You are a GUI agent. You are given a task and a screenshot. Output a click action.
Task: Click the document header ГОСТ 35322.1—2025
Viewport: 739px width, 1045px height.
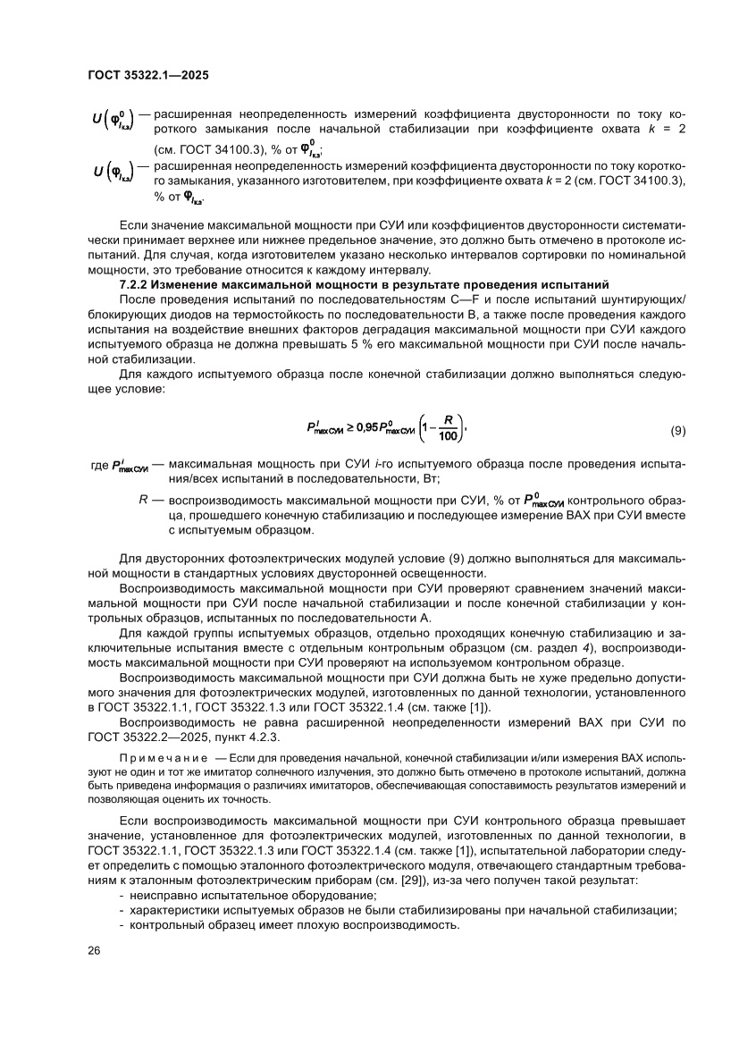(x=148, y=76)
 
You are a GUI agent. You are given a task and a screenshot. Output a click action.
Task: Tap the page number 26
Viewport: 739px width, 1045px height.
(x=93, y=950)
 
